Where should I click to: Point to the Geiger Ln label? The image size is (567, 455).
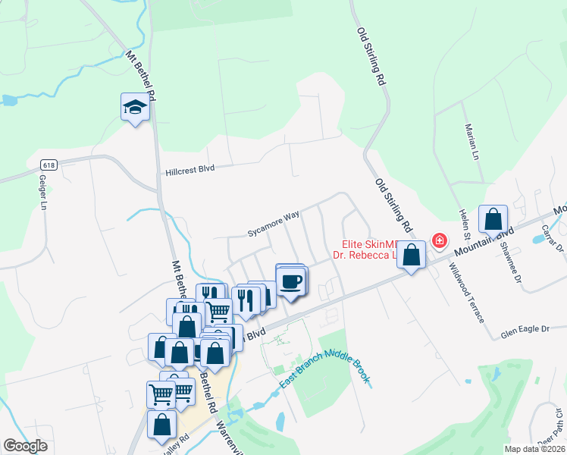click(42, 192)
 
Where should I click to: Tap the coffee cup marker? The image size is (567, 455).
click(291, 281)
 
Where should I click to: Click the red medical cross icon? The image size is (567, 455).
click(438, 241)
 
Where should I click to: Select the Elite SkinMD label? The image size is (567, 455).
click(368, 244)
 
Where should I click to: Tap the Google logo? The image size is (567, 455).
click(25, 446)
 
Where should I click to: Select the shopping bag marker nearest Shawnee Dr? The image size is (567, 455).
click(493, 220)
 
